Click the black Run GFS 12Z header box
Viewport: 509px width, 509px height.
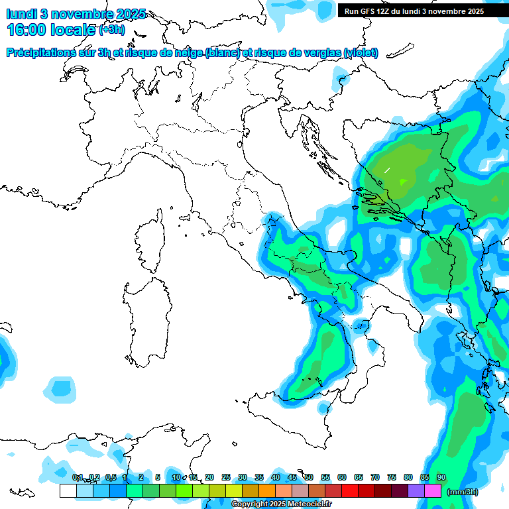[414, 11]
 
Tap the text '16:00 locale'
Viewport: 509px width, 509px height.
[51, 30]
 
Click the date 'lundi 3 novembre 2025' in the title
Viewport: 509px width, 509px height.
[76, 14]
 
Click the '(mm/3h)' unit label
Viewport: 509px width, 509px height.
[463, 492]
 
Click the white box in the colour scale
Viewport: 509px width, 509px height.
[68, 491]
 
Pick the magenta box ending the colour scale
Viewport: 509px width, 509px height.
[433, 491]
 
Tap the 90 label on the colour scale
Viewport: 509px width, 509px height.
[441, 477]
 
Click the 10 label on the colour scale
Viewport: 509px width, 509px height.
[176, 477]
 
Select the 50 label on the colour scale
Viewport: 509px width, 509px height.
[308, 477]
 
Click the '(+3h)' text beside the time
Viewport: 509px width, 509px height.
[111, 30]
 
